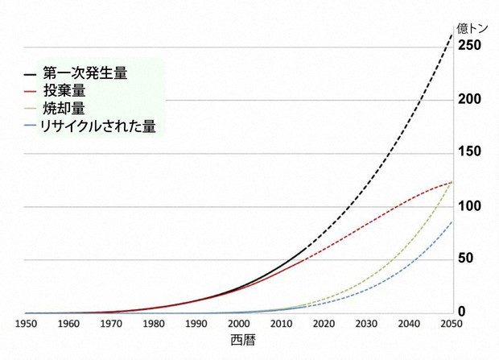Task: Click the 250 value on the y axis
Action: [471, 45]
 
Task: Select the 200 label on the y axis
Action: [471, 99]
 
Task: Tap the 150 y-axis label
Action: [471, 152]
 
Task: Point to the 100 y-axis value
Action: [471, 206]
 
